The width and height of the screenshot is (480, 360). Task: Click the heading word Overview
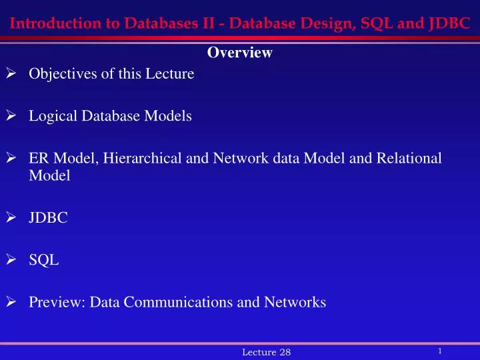click(x=240, y=53)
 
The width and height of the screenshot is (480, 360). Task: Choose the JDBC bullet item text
click(x=48, y=217)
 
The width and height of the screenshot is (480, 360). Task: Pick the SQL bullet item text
click(x=44, y=260)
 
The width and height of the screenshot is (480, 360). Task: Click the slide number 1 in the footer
click(x=441, y=350)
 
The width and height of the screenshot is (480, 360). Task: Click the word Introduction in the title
click(x=49, y=25)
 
